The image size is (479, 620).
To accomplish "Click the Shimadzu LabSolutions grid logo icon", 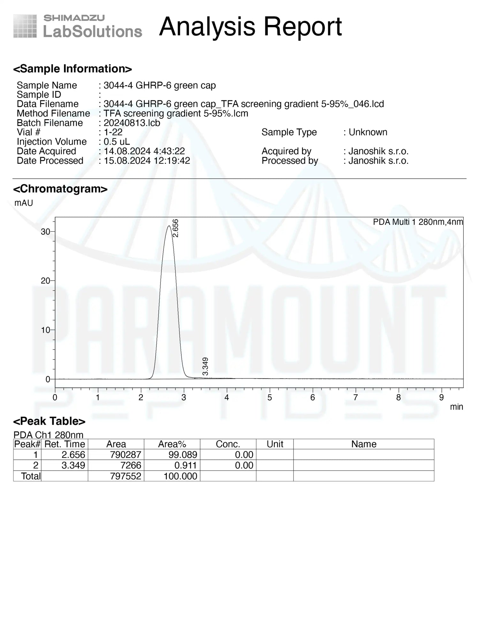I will (x=25, y=26).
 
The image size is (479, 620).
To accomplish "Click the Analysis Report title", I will (x=250, y=27).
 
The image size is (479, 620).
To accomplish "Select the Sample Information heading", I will (x=72, y=69).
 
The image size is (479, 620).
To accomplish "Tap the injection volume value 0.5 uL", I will (x=117, y=142).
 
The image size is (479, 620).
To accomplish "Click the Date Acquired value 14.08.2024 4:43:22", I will (x=144, y=151).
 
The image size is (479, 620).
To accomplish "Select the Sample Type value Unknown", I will (x=368, y=132).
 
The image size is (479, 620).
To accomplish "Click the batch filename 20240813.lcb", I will (x=132, y=123).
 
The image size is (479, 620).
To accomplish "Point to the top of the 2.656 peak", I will (x=169, y=226).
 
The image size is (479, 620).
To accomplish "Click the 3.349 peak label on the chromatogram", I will (x=205, y=366).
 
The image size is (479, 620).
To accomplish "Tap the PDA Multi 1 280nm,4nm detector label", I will (x=418, y=222).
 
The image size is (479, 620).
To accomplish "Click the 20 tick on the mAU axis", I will (x=45, y=281).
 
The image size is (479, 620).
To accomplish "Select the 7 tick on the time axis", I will (x=355, y=397).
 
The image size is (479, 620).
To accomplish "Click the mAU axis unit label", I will (x=24, y=203).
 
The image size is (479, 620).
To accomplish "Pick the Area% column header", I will (x=172, y=444).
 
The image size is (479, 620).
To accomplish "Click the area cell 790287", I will (x=125, y=455).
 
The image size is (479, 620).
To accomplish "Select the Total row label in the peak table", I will (x=31, y=476).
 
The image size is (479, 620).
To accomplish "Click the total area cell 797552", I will (x=125, y=476).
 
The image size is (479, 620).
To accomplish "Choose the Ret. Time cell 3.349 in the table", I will (x=73, y=465).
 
